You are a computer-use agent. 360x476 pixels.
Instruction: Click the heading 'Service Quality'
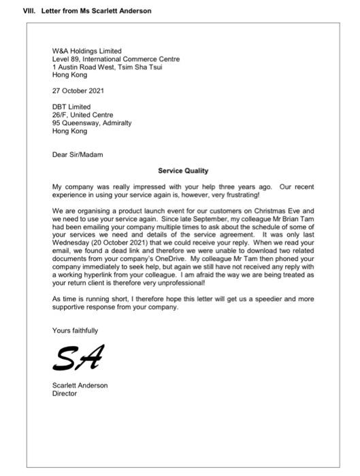click(x=183, y=171)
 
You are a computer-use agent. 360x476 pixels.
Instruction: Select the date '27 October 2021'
click(x=78, y=90)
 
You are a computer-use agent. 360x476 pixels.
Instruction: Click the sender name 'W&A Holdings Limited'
click(x=87, y=51)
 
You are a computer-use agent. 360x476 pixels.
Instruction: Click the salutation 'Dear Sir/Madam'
click(x=78, y=155)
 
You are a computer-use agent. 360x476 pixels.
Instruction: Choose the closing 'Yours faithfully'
click(x=75, y=330)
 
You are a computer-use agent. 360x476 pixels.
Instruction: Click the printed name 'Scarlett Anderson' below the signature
click(x=80, y=386)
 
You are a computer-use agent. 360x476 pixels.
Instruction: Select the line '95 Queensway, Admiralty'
click(x=92, y=123)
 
